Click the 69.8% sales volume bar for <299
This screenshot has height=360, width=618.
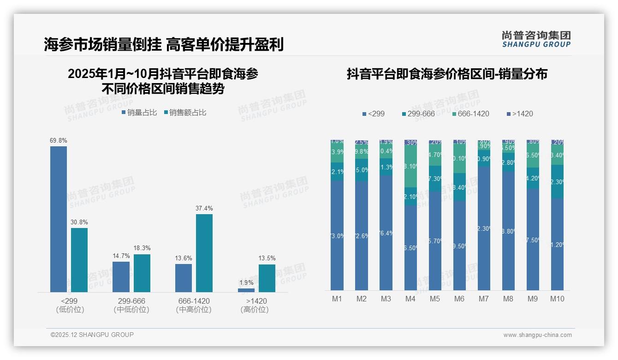pyautogui.click(x=59, y=219)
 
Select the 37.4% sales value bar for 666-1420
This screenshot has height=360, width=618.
pyautogui.click(x=204, y=253)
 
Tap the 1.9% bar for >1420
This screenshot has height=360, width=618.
pyautogui.click(x=246, y=290)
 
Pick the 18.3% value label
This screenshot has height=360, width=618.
pyautogui.click(x=142, y=248)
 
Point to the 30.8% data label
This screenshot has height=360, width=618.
pyautogui.click(x=79, y=222)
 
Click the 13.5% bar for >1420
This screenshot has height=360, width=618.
pyautogui.click(x=267, y=278)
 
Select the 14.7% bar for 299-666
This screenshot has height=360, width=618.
pyautogui.click(x=121, y=277)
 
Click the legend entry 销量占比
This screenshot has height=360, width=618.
pyautogui.click(x=139, y=112)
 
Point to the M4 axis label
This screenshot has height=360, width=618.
pyautogui.click(x=410, y=299)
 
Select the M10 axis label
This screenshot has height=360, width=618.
pyautogui.click(x=557, y=299)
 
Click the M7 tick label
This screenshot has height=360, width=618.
pyautogui.click(x=484, y=299)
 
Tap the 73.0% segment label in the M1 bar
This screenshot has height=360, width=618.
pyautogui.click(x=337, y=236)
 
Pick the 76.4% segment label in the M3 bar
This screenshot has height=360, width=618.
pyautogui.click(x=386, y=233)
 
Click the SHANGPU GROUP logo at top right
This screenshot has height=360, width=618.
pyautogui.click(x=536, y=39)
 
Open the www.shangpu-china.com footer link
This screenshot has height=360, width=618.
pyautogui.click(x=537, y=335)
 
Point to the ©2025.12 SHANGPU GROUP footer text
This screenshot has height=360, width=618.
pyautogui.click(x=92, y=335)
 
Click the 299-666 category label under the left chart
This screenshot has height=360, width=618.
pyautogui.click(x=131, y=301)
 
